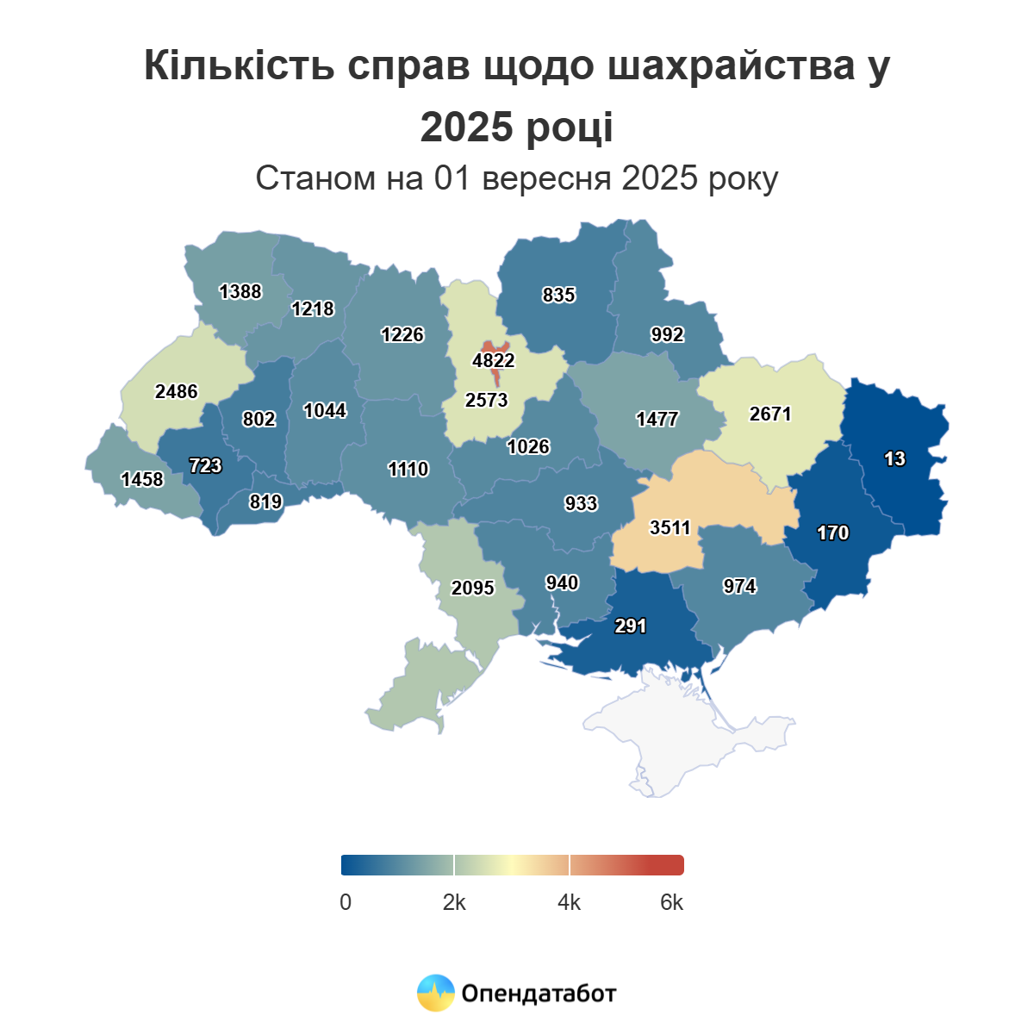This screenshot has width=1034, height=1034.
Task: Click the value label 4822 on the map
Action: pos(494,360)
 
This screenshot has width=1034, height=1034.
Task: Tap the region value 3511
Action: pos(670,527)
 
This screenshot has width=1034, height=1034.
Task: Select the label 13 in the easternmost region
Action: pos(894,458)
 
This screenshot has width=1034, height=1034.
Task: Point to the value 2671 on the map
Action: pos(770,414)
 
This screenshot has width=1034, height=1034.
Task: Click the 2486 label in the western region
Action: pos(177,391)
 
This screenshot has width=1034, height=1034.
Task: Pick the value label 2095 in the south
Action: pos(473,588)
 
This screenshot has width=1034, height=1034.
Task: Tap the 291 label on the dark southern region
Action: pos(631,626)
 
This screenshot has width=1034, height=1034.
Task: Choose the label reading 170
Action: pos(833,533)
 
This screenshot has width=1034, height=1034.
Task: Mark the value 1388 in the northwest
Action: pos(240,291)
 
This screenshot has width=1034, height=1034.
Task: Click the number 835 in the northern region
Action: pos(558,295)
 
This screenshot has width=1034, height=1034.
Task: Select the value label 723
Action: pos(205,465)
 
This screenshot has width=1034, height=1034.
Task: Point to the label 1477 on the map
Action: pos(657,419)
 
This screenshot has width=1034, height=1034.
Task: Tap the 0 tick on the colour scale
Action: pos(346,902)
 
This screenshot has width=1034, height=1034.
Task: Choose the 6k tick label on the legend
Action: pos(672,902)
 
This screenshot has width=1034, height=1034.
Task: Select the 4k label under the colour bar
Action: pos(570,902)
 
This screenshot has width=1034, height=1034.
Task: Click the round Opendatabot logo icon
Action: pos(436,994)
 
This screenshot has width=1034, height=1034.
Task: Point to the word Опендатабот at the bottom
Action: pos(539,994)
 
